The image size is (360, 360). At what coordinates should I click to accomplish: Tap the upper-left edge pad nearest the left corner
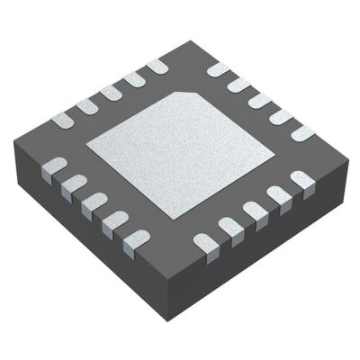[x=65, y=118]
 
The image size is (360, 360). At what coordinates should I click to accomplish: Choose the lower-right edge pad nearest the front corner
[x=206, y=241]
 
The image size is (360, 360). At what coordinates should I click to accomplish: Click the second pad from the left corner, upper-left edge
[x=87, y=105]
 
